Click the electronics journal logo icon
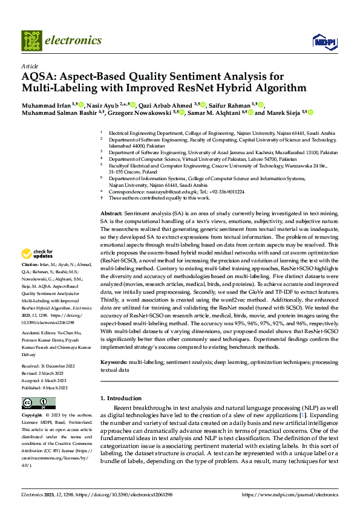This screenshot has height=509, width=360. coord(31,41)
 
